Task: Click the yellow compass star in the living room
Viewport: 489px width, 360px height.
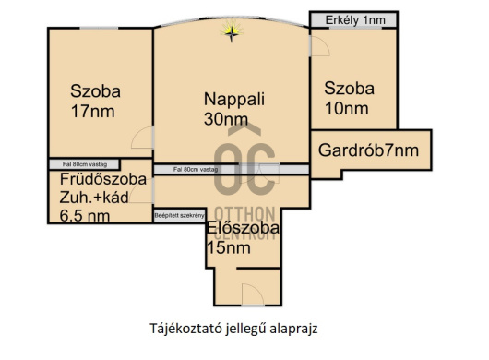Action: point(231,33)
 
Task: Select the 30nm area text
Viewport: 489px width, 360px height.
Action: point(225,119)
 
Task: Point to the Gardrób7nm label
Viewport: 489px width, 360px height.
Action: point(367,150)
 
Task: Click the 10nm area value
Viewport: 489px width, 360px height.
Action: point(345,109)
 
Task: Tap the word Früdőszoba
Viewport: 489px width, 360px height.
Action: point(102,179)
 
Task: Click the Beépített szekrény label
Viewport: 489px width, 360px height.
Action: point(179,215)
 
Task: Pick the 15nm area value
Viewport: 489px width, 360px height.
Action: point(228,247)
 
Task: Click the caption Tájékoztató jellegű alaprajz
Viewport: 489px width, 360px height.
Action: point(238,328)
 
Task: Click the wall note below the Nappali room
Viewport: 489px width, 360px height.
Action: point(195,169)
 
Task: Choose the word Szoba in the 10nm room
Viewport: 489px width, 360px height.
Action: point(349,89)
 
